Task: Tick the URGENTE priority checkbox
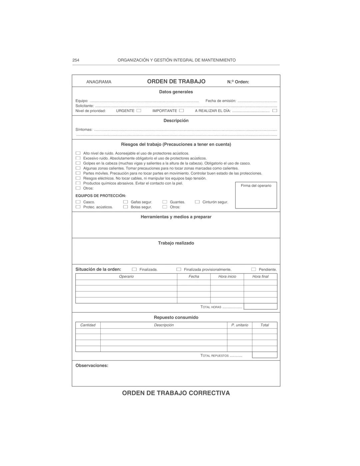pos(139,110)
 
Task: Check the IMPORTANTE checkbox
pos(181,110)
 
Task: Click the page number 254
pos(76,60)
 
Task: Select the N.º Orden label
pos(238,82)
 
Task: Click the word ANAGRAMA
pos(99,82)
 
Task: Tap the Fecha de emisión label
pos(221,101)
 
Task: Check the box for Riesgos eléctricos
pos(78,178)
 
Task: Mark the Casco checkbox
pos(78,202)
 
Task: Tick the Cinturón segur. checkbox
pos(197,202)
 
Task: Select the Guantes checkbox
pos(165,202)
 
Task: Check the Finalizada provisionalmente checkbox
pos(179,269)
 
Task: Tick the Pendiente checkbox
pos(254,269)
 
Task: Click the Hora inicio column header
pos(227,277)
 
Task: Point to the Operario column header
pos(126,277)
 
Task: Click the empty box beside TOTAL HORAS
pos(260,307)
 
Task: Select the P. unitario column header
pos(240,325)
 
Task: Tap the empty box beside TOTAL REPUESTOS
pos(264,355)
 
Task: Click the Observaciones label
pos(92,366)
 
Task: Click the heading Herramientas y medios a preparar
pos(176,217)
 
